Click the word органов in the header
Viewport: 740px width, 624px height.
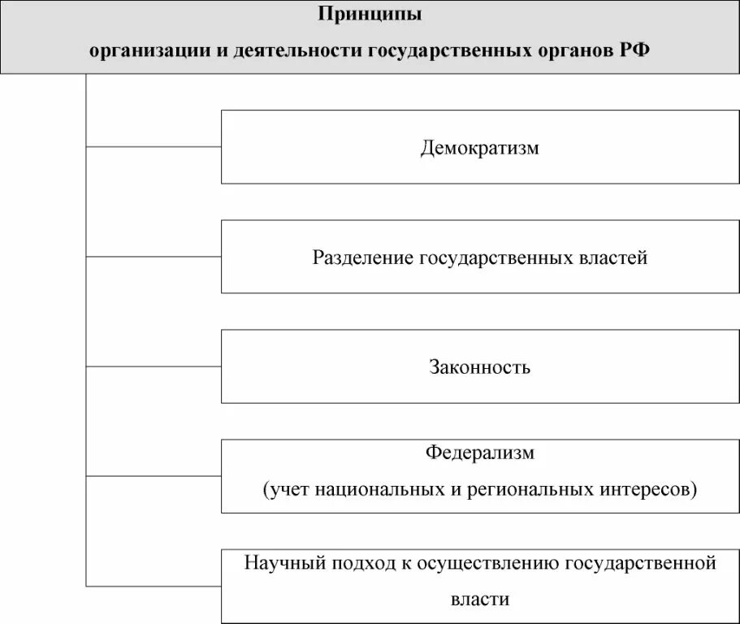pyautogui.click(x=570, y=50)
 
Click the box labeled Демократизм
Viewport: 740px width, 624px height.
pyautogui.click(x=479, y=147)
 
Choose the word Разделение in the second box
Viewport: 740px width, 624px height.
pyautogui.click(x=362, y=258)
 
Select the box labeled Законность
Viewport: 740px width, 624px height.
pyautogui.click(x=479, y=366)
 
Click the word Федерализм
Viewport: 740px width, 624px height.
pyautogui.click(x=480, y=453)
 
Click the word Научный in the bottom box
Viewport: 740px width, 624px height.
pyautogui.click(x=279, y=563)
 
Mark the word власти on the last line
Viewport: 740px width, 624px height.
pyautogui.click(x=480, y=600)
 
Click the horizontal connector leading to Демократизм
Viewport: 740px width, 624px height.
pyautogui.click(x=154, y=147)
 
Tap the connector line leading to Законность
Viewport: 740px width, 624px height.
pyautogui.click(x=154, y=366)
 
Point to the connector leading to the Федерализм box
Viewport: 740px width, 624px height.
pyautogui.click(x=154, y=476)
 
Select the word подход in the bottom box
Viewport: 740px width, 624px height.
pyautogui.click(x=351, y=563)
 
